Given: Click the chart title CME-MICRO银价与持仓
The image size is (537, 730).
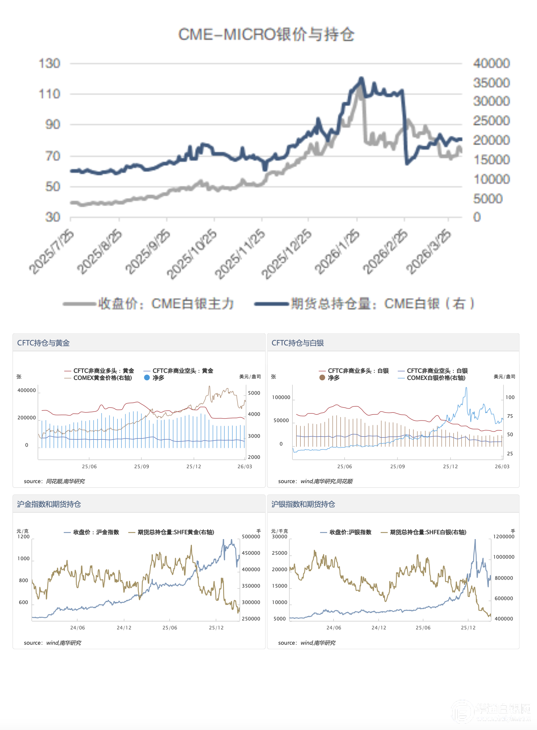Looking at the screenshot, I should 266,35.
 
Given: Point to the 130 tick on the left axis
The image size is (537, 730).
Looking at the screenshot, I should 50,63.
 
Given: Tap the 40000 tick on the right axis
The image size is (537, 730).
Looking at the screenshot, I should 491,63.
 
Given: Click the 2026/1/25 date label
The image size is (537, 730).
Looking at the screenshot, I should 337,252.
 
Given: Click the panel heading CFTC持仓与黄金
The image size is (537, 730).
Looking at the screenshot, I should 43,343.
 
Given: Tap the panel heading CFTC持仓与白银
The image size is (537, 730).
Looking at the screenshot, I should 298,343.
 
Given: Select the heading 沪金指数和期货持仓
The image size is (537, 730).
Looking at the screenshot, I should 49,504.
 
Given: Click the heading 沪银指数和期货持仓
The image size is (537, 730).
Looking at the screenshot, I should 303,504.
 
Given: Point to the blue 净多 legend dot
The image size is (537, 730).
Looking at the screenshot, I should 147,378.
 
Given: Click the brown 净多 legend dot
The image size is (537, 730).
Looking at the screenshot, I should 322,378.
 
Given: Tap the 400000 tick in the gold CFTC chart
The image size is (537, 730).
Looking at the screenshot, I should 27,390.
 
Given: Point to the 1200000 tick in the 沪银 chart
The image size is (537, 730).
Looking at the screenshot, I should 504,537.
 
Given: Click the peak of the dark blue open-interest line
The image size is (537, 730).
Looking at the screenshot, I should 361,78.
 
